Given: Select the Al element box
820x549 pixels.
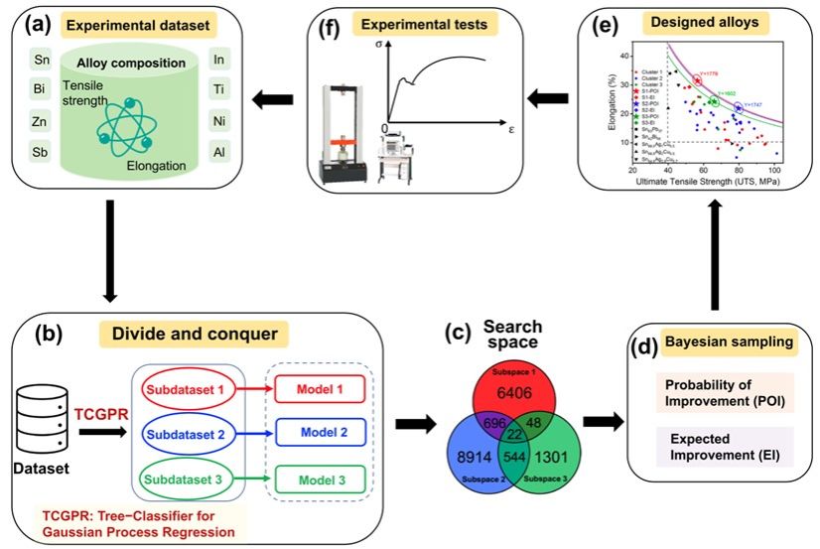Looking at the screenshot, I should tap(218, 153).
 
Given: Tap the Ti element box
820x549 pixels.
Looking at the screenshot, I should tap(218, 91).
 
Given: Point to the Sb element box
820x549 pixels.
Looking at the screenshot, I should tap(43, 153).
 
